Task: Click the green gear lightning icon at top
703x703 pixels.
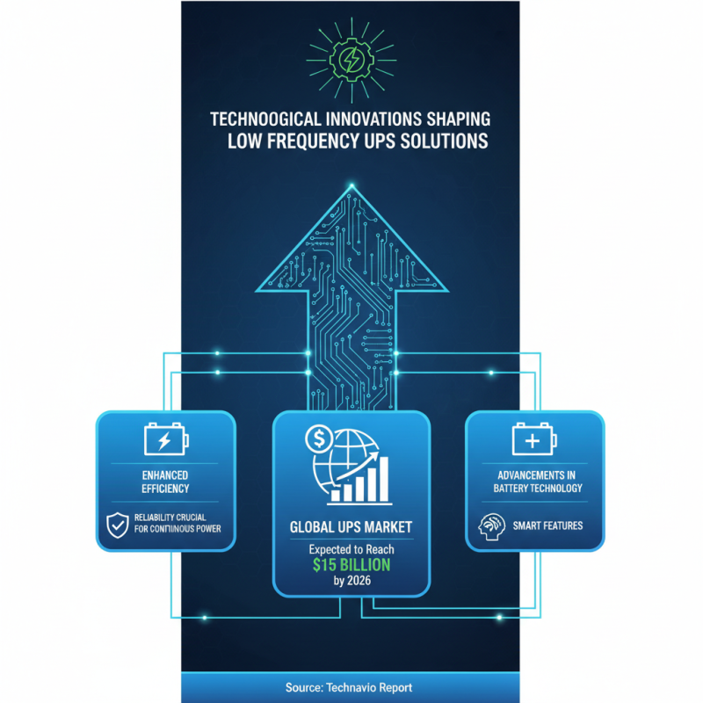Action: point(351,60)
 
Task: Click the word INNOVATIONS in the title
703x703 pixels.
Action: point(373,120)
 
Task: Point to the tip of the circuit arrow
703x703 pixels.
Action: point(351,185)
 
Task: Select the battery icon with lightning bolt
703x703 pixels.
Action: point(166,438)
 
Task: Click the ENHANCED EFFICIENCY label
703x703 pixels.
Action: point(165,482)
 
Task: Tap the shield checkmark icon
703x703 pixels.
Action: point(118,525)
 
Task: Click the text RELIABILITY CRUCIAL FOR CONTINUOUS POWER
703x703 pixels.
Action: point(178,523)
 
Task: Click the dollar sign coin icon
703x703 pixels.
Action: point(319,438)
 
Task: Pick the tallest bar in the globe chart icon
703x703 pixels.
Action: point(383,479)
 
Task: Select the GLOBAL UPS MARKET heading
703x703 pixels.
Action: point(351,527)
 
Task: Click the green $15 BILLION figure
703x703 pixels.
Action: point(351,565)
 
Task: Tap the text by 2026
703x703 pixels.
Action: point(352,581)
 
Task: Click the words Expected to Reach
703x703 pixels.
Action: point(351,549)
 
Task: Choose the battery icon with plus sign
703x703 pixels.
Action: point(534,438)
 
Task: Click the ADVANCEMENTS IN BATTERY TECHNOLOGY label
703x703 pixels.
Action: point(537,482)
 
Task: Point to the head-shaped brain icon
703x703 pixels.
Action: point(491,526)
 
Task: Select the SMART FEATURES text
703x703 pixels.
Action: point(547,525)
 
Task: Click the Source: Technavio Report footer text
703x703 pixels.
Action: point(349,688)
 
